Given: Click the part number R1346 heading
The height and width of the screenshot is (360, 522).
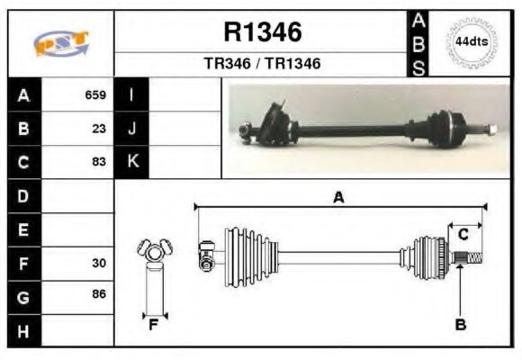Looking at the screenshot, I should pyautogui.click(x=262, y=33).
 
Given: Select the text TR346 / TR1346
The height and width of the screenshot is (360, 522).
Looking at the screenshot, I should pyautogui.click(x=262, y=64).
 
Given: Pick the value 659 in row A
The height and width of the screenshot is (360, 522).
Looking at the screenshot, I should pyautogui.click(x=95, y=94).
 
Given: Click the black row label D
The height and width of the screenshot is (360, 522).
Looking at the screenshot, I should pyautogui.click(x=23, y=195).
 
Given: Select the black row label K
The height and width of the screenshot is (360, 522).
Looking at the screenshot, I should pyautogui.click(x=132, y=162).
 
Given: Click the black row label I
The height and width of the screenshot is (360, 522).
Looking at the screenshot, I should pyautogui.click(x=132, y=94).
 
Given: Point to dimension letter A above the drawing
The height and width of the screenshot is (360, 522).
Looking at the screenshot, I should pyautogui.click(x=338, y=197).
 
